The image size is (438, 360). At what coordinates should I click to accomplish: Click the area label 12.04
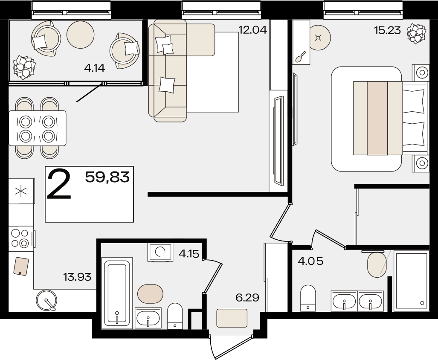pos(252,29)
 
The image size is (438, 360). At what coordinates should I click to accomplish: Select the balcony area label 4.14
pos(94,68)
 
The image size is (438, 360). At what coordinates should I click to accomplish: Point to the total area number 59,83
pos(107,177)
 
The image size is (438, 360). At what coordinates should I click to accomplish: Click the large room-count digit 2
pos(59,185)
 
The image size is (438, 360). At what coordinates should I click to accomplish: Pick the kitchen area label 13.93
pos(77,277)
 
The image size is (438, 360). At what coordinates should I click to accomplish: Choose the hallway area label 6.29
pos(247,298)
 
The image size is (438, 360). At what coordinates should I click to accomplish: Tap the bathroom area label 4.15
pos(189,254)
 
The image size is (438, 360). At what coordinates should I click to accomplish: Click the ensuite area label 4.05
pos(310,261)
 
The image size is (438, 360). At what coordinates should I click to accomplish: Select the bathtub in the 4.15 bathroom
pos(117,293)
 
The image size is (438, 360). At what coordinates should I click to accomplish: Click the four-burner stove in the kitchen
pos(21,238)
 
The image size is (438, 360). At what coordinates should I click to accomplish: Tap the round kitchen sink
pos(46,301)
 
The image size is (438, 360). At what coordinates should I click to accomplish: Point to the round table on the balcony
pos(81,35)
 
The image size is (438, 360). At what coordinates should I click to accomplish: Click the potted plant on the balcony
pos(24,67)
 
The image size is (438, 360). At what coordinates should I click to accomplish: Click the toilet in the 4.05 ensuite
pos(307,298)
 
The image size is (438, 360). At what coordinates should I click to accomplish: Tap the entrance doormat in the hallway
pos(232,318)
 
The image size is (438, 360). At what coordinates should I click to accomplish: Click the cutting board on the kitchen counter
pos(21,267)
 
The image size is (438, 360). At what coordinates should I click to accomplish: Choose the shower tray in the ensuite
pos(411,281)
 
